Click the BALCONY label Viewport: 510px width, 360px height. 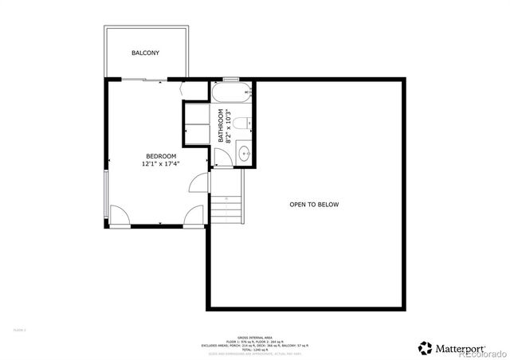coord(145,53)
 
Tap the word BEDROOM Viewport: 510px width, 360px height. coord(160,156)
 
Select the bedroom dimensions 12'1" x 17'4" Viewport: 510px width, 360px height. coord(160,164)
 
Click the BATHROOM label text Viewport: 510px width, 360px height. coord(221,127)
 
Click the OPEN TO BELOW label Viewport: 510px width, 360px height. coord(314,205)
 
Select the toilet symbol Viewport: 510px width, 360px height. coord(247,123)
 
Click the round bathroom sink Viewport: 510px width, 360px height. coord(244,154)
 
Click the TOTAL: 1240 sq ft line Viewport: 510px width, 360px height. coord(255,350)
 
